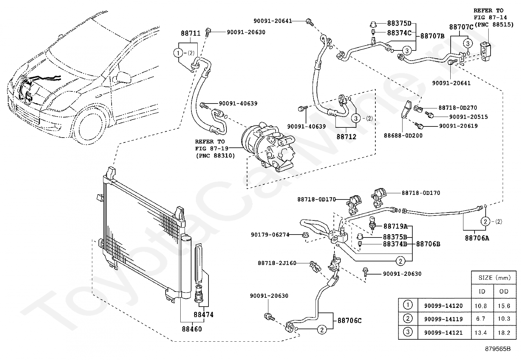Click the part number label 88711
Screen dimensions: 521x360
pos(190,33)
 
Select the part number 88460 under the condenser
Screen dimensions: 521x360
pos(192,329)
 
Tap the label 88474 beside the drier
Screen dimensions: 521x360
pos(204,314)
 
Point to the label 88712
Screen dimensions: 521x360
pos(346,137)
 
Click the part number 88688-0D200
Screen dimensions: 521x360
pos(403,136)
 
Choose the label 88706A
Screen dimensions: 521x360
pos(477,238)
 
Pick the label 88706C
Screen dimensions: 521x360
pos(350,321)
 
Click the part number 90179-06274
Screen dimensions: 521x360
pos(270,235)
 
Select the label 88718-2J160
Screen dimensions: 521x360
pos(277,263)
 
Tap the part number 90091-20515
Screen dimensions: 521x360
pos(468,117)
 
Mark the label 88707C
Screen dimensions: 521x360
pos(461,27)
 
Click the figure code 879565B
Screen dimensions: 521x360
pos(498,349)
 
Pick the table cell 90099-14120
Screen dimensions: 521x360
pos(443,306)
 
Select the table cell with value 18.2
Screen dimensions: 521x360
pos(504,333)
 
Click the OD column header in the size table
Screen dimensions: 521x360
pos(504,291)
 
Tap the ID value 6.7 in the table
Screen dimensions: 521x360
pos(480,319)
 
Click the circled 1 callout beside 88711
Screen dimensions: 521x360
pos(178,53)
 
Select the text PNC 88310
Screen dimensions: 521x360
pos(215,156)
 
